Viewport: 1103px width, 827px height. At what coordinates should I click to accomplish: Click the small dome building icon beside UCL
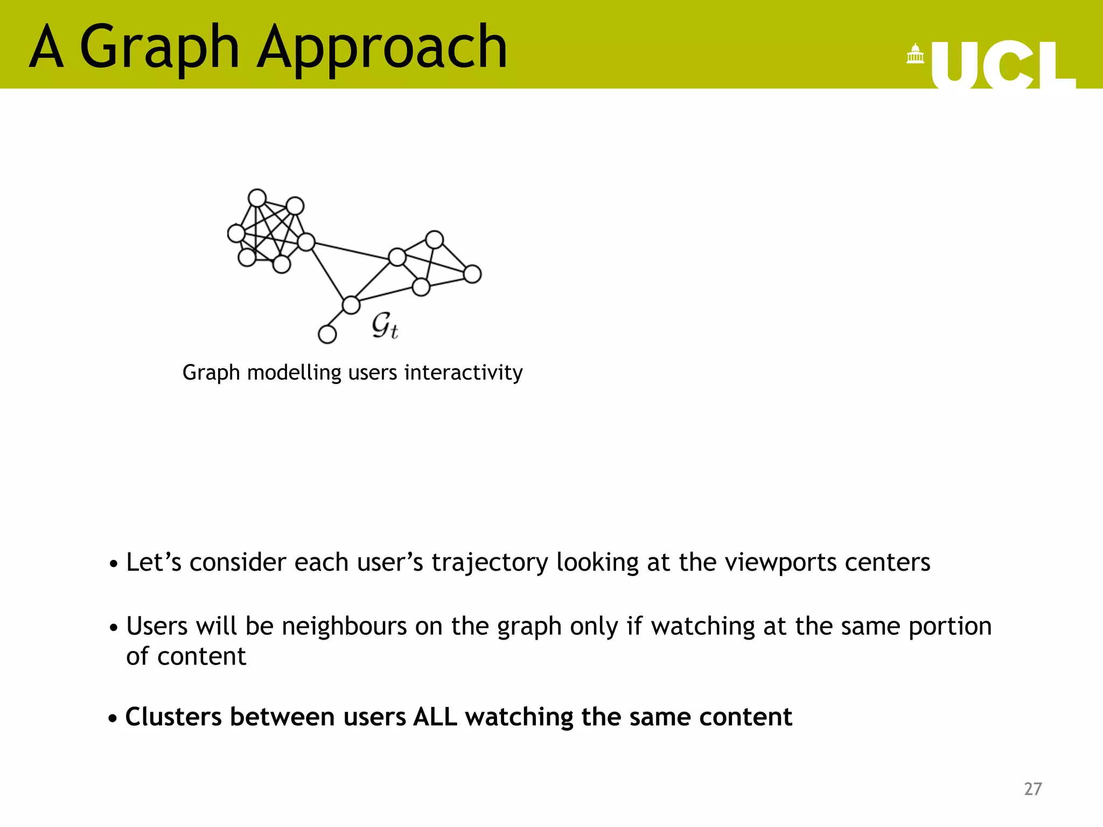click(x=915, y=54)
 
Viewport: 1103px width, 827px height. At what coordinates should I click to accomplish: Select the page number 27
click(x=1032, y=789)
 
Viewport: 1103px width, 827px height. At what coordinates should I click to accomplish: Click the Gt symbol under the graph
click(x=385, y=325)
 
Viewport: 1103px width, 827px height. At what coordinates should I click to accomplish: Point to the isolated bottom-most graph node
click(x=327, y=334)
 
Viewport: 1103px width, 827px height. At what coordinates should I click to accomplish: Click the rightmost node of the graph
click(x=472, y=274)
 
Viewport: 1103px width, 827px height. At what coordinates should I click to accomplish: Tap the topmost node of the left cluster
click(x=257, y=198)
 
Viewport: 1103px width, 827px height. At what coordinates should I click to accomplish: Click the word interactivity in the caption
click(x=463, y=373)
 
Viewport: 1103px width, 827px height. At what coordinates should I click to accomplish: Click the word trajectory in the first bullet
click(x=490, y=563)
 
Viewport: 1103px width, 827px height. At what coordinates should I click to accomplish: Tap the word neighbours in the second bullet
click(x=344, y=627)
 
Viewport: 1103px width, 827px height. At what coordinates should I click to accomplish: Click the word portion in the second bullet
click(x=950, y=627)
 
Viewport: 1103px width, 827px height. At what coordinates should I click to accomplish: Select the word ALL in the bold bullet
click(x=435, y=717)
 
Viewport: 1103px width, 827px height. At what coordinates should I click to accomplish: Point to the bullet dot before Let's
click(x=113, y=565)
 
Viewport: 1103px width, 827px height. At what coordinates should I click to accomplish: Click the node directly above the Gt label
click(x=351, y=305)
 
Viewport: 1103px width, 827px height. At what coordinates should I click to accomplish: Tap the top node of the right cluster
click(x=434, y=240)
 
